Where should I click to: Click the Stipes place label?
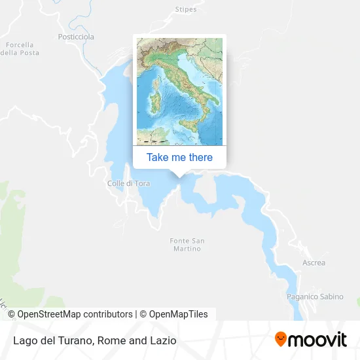[x=186, y=9]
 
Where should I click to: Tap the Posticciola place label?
[x=76, y=37]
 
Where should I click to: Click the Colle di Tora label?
[x=128, y=183]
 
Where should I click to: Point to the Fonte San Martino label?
[x=187, y=245]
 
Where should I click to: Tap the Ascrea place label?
[x=314, y=263]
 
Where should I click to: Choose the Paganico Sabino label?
[x=315, y=297]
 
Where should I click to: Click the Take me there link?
[x=179, y=157]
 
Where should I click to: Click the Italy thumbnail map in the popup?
[x=179, y=92]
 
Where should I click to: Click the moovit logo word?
[x=318, y=340]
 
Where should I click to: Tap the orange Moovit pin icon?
[x=281, y=339]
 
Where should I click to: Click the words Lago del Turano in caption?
[x=51, y=340]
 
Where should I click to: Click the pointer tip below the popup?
[x=179, y=175]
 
